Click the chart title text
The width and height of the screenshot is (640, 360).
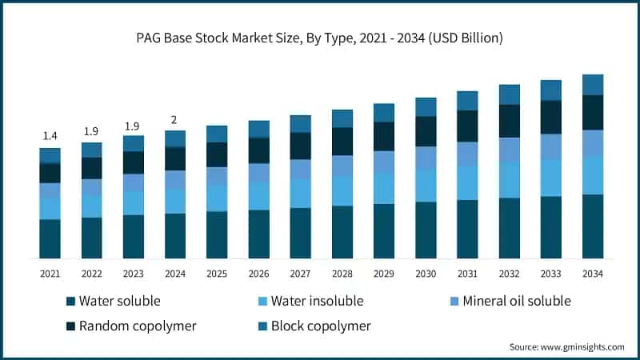pos(320,37)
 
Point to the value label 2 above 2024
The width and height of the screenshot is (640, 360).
pos(175,121)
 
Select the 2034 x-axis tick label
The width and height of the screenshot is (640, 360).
pos(592,274)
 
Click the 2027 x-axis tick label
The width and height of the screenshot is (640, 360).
pos(300,274)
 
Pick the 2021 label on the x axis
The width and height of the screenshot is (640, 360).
pos(50,274)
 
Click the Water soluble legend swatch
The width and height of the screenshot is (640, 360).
pos(71,302)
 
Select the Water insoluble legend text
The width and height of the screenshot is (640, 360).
pos(317,301)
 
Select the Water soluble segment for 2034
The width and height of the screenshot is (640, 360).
pos(592,226)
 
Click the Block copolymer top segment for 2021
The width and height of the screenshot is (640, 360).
pos(50,155)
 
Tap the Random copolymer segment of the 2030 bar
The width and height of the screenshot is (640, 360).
pos(426,131)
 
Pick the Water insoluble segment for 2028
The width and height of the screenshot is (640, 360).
pos(342,191)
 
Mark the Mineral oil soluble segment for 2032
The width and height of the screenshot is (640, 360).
pos(509,150)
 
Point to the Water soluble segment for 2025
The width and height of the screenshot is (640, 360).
pos(217,234)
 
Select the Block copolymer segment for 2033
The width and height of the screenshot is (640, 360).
pos(550,90)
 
